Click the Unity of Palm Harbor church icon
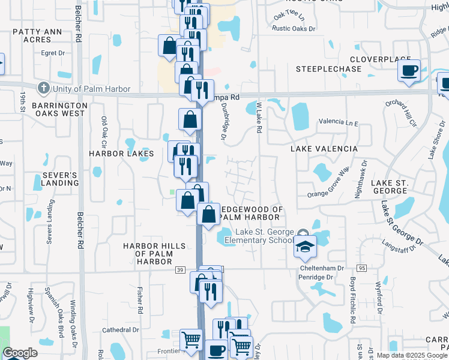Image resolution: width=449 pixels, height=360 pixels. point(43,89)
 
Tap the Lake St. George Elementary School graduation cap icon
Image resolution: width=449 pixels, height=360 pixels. point(304,246)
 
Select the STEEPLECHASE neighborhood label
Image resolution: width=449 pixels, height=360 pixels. point(329,69)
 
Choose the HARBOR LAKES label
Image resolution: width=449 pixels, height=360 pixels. point(122,154)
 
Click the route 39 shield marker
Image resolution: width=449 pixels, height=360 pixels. point(179,271)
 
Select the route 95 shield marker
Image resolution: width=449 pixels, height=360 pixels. point(361,268)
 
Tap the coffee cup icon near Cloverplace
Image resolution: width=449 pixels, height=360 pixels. point(409,70)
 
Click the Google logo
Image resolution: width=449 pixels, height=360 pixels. point(20,353)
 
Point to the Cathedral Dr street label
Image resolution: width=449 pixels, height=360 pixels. point(120,329)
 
